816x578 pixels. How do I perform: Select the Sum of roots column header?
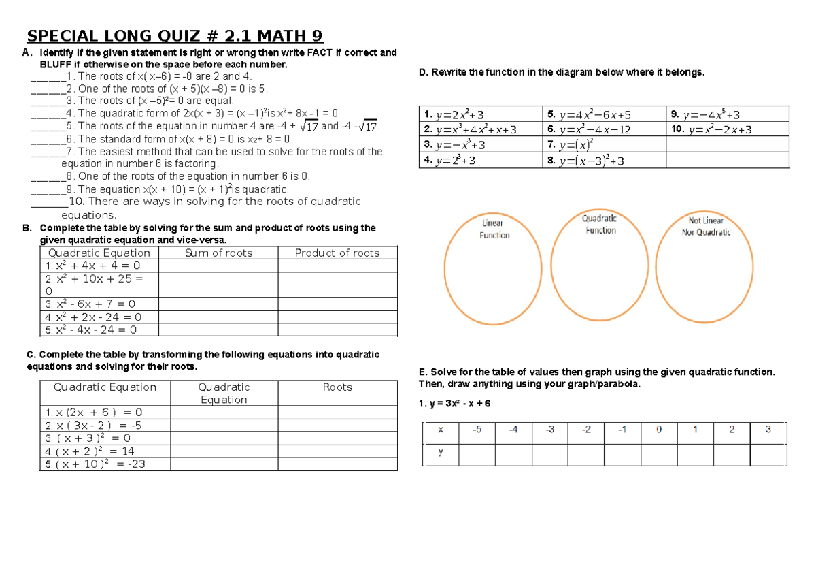coord(218,253)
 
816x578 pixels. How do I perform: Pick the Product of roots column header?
coord(337,253)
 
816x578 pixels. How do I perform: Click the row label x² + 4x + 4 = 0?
coord(93,266)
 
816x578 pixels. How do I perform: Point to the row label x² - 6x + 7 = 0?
coord(90,304)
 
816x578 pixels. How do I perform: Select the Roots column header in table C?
coord(337,387)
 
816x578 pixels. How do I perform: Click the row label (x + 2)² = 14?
coord(90,451)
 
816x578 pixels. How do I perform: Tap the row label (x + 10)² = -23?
coord(95,464)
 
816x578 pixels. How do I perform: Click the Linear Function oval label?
coord(494,229)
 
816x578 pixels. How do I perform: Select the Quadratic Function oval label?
coord(600,224)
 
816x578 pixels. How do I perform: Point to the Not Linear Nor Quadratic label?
coord(706,226)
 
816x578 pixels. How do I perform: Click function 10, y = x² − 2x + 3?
coord(720,129)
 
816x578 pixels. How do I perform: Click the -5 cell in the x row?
coord(477,430)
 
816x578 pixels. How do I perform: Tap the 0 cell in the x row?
coord(658,430)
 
